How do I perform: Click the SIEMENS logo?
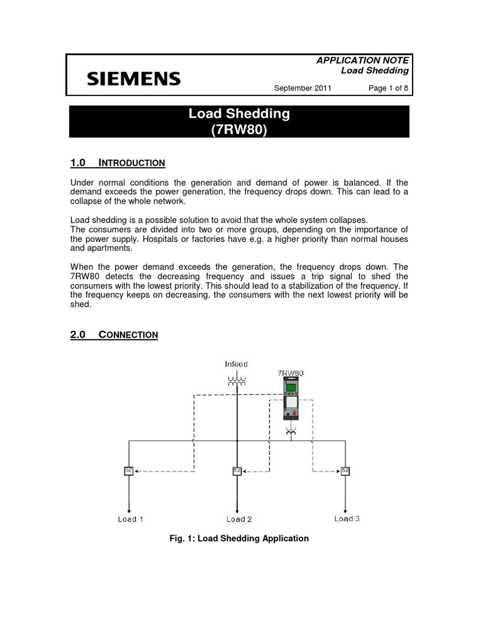[x=134, y=79]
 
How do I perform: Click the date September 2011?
[x=302, y=88]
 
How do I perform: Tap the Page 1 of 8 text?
[x=388, y=88]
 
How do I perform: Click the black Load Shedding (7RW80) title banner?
[x=239, y=121]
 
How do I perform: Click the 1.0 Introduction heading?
[x=118, y=163]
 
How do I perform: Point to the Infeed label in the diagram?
[x=236, y=363]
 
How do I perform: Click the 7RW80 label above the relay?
[x=291, y=373]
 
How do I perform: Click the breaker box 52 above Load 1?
[x=128, y=471]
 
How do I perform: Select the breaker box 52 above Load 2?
[x=237, y=471]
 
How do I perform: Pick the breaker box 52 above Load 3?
[x=345, y=471]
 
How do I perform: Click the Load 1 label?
[x=131, y=519]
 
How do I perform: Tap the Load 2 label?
[x=239, y=519]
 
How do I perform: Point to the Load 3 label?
[x=347, y=518]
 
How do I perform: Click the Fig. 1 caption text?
[x=239, y=538]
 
